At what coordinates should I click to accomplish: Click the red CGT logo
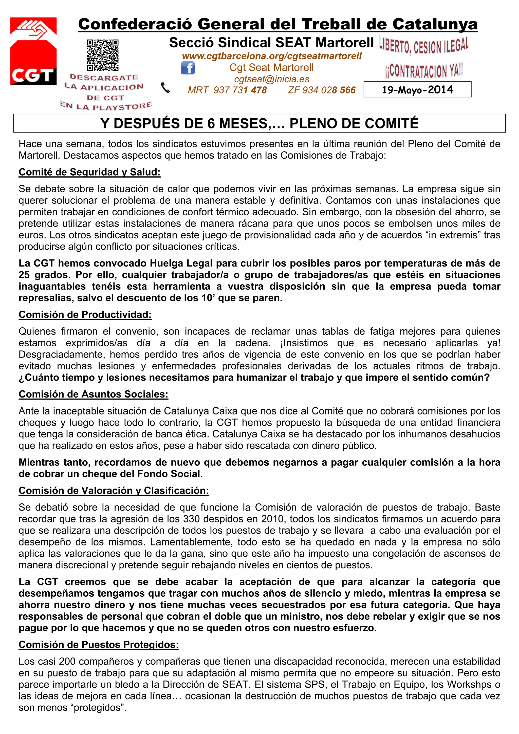(x=33, y=51)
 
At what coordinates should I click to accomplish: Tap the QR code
(x=103, y=55)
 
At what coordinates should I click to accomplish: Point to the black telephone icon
(x=165, y=87)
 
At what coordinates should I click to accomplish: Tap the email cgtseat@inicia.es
(x=271, y=79)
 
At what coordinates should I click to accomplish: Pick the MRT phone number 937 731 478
(x=240, y=90)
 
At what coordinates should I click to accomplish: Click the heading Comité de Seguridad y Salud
(x=89, y=172)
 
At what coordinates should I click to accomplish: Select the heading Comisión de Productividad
(x=85, y=315)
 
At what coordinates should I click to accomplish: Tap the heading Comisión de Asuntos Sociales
(x=93, y=394)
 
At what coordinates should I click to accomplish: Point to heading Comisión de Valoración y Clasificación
(x=114, y=491)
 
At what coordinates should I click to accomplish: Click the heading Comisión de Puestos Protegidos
(x=99, y=645)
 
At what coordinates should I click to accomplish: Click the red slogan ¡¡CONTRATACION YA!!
(x=424, y=71)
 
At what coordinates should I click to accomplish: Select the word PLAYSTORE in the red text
(x=122, y=106)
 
